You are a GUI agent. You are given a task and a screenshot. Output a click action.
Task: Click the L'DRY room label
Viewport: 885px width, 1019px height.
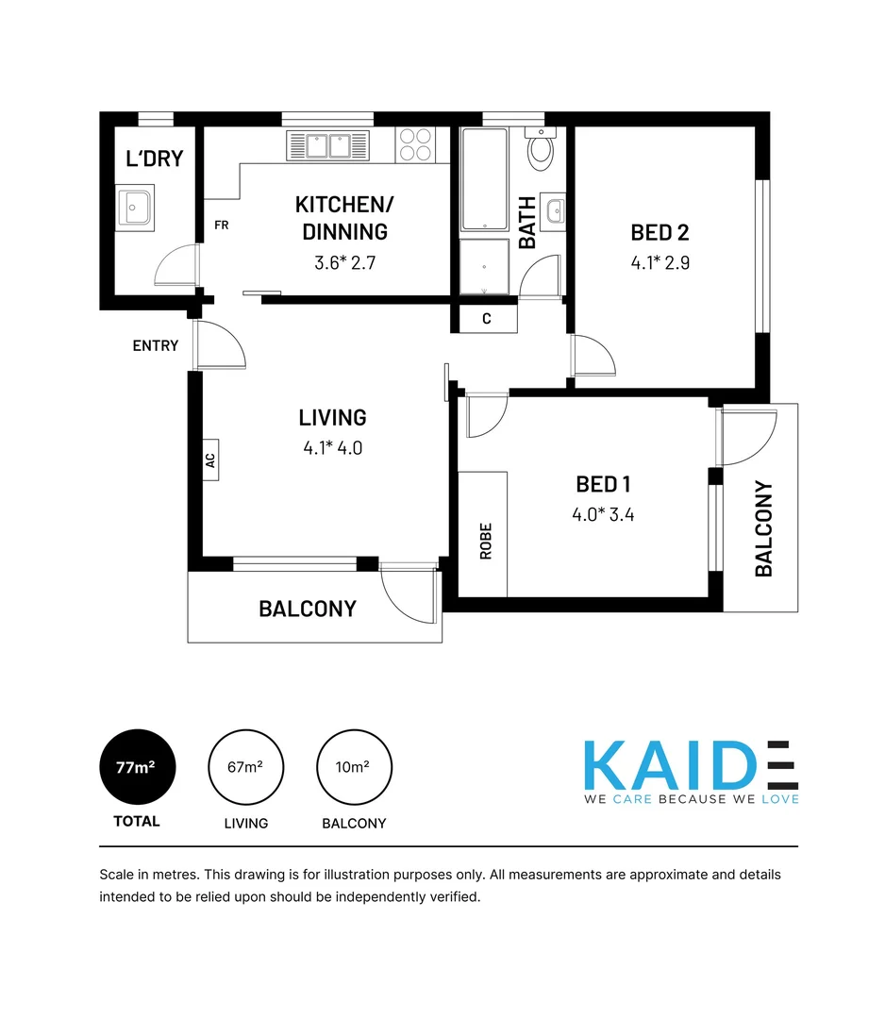pyautogui.click(x=154, y=159)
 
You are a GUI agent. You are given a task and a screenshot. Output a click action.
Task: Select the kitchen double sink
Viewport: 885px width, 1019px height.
pyautogui.click(x=328, y=145)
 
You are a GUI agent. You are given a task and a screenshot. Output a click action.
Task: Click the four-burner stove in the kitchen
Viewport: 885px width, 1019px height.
pyautogui.click(x=416, y=144)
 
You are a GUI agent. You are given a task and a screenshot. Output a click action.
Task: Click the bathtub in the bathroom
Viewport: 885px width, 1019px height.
pyautogui.click(x=484, y=179)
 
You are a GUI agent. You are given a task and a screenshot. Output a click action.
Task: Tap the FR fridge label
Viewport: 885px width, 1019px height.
pyautogui.click(x=222, y=226)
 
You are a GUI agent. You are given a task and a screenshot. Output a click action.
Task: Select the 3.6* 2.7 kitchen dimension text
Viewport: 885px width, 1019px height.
pyautogui.click(x=344, y=262)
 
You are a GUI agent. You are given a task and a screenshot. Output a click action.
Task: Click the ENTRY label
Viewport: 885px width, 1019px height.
pyautogui.click(x=156, y=345)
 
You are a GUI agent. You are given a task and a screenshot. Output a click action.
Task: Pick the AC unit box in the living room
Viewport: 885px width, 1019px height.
pyautogui.click(x=210, y=460)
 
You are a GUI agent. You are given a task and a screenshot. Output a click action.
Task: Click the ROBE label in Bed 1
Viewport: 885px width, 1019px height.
pyautogui.click(x=486, y=542)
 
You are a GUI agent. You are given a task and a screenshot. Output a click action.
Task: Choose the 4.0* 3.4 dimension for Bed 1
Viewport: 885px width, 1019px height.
pyautogui.click(x=602, y=514)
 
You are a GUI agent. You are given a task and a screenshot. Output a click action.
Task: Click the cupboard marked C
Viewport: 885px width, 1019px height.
pyautogui.click(x=487, y=319)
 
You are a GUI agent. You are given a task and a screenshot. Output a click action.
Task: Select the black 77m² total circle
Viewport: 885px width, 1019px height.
pyautogui.click(x=137, y=768)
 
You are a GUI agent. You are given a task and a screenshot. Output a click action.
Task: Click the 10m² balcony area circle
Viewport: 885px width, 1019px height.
pyautogui.click(x=354, y=768)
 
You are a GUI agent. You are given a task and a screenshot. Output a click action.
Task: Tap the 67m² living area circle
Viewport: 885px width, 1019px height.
pyautogui.click(x=245, y=768)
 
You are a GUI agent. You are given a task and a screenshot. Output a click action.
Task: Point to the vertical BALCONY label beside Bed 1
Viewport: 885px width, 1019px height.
pyautogui.click(x=764, y=528)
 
